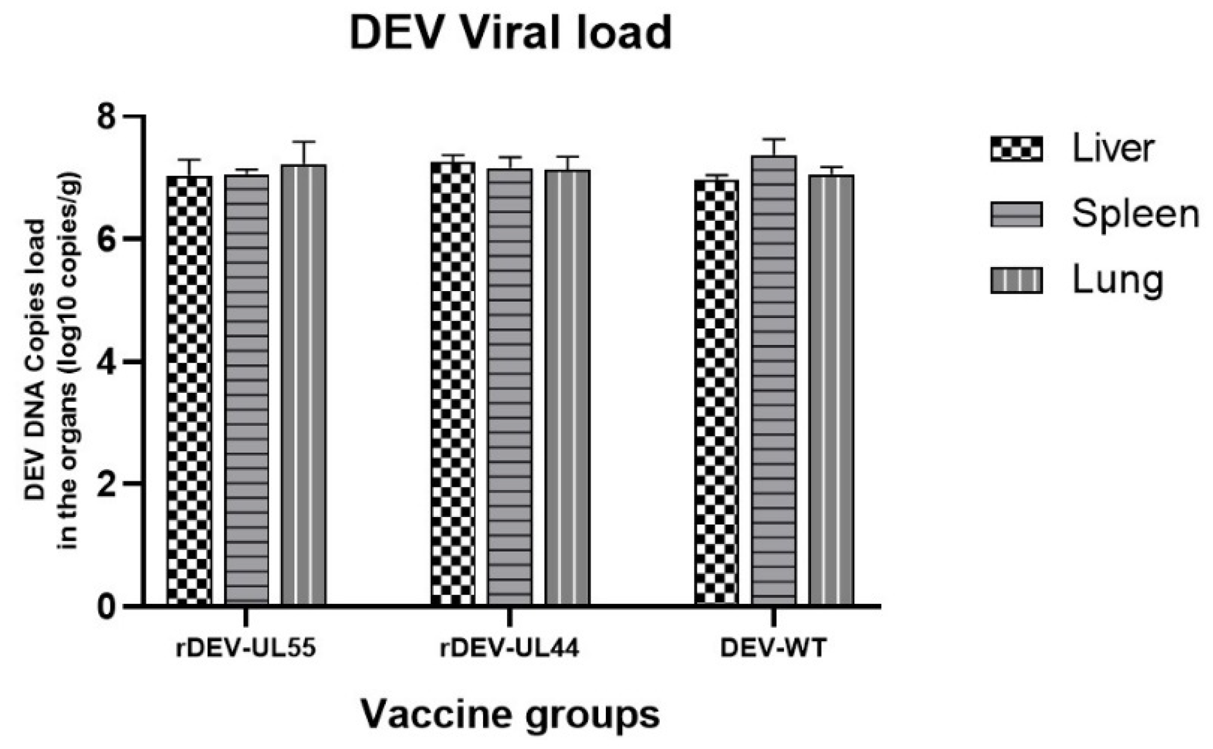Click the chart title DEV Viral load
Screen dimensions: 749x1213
tap(510, 32)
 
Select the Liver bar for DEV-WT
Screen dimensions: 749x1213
tap(717, 392)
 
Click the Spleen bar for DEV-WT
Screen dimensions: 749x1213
tap(774, 380)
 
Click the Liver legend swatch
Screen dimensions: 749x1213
tap(1016, 149)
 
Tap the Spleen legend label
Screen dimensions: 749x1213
tap(1135, 214)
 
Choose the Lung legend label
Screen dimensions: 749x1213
tap(1117, 280)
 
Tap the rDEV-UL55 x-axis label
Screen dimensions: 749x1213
tap(246, 648)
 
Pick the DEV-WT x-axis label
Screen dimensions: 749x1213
tap(773, 648)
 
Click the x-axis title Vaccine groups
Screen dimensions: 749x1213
tap(510, 714)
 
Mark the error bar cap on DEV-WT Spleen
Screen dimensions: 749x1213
tap(774, 139)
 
